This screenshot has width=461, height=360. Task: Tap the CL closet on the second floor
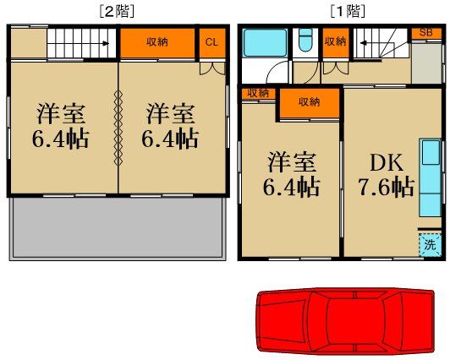[211, 42]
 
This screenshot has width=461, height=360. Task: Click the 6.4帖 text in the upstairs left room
[62, 138]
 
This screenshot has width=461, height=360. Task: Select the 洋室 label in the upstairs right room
[171, 113]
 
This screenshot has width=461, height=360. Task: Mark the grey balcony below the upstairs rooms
[119, 226]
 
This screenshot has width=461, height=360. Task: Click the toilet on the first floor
[305, 42]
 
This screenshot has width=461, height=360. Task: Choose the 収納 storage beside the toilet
[335, 42]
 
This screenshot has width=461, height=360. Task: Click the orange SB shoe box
[427, 33]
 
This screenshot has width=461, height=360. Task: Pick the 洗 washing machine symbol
[431, 246]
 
